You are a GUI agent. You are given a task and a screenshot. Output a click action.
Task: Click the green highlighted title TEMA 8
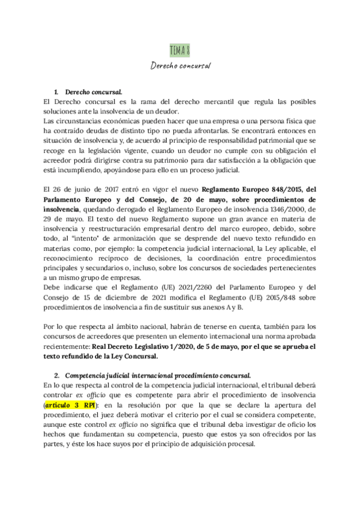pyautogui.click(x=179, y=49)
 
